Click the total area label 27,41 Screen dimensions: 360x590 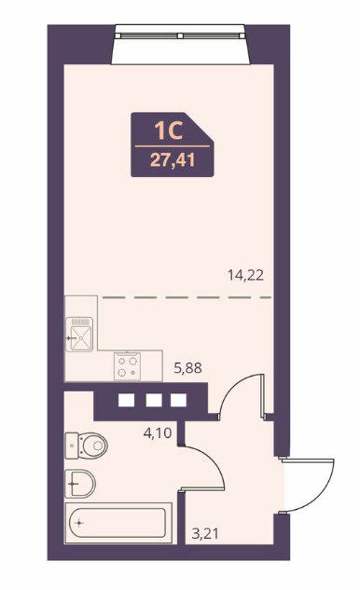point(173,160)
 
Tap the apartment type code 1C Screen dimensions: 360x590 point(168,130)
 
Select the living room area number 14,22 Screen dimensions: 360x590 point(245,276)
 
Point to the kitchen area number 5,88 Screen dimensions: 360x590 point(187,367)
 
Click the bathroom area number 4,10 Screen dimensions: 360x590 point(158,432)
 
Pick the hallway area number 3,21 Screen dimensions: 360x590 point(205,533)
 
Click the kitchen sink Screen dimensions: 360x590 point(79,335)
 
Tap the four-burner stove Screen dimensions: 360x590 point(127,366)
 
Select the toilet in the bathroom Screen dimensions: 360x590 point(87,446)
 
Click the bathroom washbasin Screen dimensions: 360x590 point(80,484)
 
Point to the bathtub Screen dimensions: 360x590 point(118,523)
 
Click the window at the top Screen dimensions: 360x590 point(181,35)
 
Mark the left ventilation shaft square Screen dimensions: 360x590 point(126,401)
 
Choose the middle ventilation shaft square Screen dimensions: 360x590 point(154,401)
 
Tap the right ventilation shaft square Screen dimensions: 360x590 point(178,401)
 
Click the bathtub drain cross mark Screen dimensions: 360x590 point(79,523)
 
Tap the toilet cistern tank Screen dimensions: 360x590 point(72,446)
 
